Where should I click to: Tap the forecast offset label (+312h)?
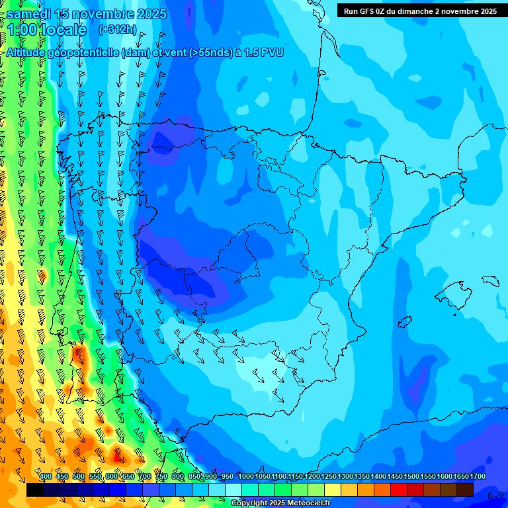[118, 30]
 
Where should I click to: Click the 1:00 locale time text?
[47, 30]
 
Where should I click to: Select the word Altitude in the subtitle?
[30, 52]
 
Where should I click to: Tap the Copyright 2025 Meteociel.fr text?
[280, 503]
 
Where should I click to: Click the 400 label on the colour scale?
[45, 477]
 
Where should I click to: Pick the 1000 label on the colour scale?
[245, 477]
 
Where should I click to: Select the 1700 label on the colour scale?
[477, 477]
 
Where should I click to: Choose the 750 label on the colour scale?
[161, 477]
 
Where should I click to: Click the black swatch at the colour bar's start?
[35, 489]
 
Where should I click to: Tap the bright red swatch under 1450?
[398, 489]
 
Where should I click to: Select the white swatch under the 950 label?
[233, 489]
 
